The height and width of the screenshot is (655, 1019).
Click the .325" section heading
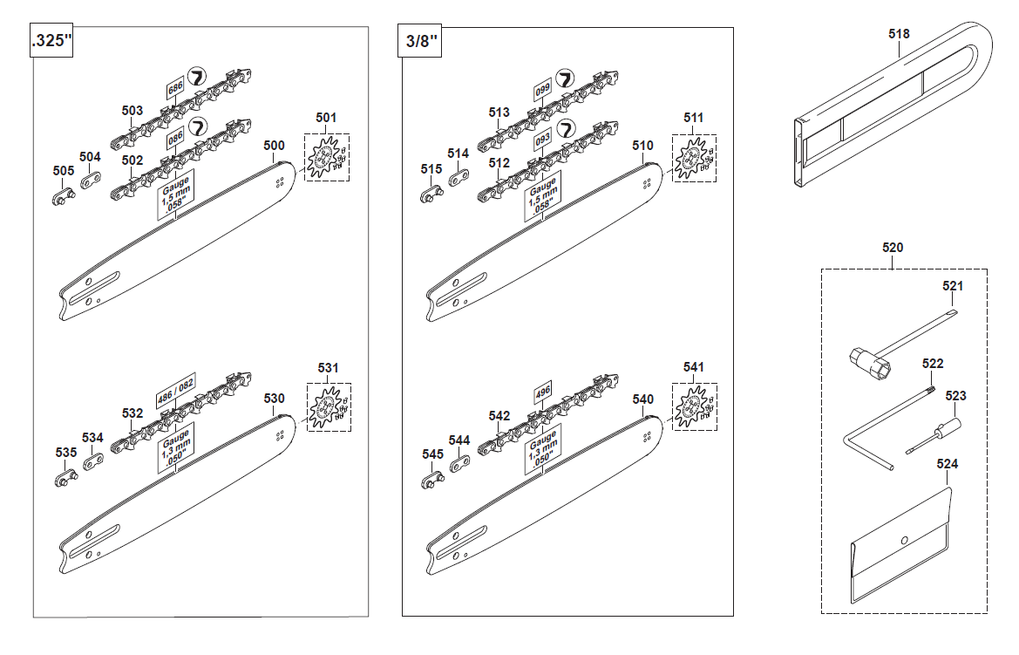tap(51, 40)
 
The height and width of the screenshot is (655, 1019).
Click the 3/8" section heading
tap(421, 41)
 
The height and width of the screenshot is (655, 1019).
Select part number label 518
tap(899, 34)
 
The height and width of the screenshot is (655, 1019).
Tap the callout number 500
tap(275, 145)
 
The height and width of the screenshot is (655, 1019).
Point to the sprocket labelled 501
tap(323, 158)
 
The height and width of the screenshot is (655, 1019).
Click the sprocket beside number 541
tap(691, 406)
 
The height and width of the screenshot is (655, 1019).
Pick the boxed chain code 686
tap(175, 88)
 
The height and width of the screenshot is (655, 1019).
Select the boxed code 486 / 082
tap(175, 390)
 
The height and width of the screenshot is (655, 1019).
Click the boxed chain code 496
tap(543, 392)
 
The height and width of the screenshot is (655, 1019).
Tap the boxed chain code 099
tap(543, 90)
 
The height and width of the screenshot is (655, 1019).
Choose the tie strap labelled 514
tap(459, 178)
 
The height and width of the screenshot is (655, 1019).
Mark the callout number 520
tap(893, 248)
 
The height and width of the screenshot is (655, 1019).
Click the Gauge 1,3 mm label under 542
tap(543, 448)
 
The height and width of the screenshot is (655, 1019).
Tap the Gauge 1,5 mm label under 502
tap(175, 194)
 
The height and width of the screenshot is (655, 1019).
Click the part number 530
tap(275, 398)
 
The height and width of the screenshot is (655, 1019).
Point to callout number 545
tap(433, 454)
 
